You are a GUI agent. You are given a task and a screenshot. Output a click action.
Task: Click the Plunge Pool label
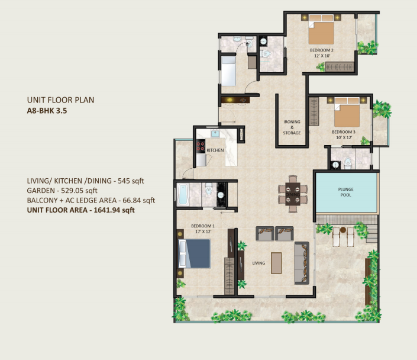tap(346, 192)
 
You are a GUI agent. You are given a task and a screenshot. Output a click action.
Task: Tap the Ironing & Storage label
tap(292, 127)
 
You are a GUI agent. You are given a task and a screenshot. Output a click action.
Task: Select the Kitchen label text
tap(215, 150)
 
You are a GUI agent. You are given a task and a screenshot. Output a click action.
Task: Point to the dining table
tap(293, 194)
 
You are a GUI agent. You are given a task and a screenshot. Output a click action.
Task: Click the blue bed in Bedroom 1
tap(195, 253)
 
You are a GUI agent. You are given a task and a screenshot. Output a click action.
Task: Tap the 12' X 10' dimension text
tap(322, 56)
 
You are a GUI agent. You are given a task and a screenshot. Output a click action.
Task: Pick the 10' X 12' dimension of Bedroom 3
tap(344, 137)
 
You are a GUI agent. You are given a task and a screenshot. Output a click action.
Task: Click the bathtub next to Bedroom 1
tap(183, 194)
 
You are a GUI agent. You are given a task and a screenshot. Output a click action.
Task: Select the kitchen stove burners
tap(201, 146)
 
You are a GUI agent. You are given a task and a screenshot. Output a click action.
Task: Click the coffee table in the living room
tap(276, 263)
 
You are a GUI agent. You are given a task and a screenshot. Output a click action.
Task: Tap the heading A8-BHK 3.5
tap(47, 111)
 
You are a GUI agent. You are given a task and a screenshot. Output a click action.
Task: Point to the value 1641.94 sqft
tap(114, 210)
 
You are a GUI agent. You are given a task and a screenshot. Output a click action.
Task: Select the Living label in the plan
tap(258, 263)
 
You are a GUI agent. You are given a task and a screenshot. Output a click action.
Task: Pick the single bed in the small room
tap(228, 70)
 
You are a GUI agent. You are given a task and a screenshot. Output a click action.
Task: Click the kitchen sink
tap(215, 134)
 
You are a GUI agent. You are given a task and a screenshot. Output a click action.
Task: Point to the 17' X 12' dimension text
tap(203, 232)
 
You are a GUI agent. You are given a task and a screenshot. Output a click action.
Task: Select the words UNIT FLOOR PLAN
tap(61, 100)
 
